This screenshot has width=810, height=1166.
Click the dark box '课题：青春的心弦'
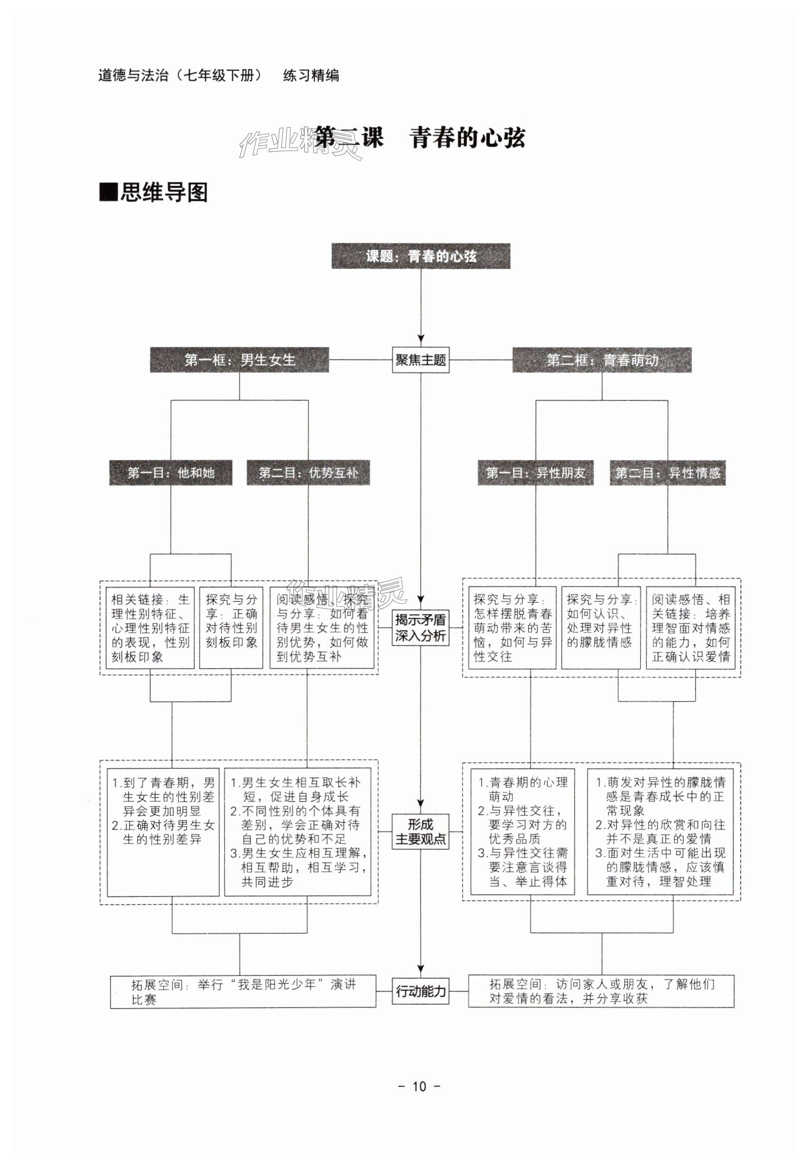pos(420,256)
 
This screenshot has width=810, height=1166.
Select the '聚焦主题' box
pos(420,360)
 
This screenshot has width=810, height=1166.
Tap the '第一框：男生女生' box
pos(239,360)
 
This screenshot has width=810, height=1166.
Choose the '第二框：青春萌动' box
pos(601,360)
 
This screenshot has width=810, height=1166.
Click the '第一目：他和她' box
pos(170,473)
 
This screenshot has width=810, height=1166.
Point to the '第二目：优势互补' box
pos(308,473)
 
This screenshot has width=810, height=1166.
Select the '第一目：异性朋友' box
pos(535,473)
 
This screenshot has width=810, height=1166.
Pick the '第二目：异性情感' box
pos(667,473)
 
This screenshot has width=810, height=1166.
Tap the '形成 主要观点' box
pos(420,831)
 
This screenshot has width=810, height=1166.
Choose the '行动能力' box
pos(420,990)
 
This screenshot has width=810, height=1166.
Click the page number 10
pos(419,1086)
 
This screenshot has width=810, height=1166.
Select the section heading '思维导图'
pos(163,193)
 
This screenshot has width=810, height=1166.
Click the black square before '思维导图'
pos(108,192)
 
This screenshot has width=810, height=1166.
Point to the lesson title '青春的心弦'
pos(467,138)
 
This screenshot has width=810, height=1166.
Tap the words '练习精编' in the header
pos(311,75)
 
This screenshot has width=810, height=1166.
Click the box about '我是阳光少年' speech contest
pos(243,991)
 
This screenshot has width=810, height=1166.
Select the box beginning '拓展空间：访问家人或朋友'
pos(601,990)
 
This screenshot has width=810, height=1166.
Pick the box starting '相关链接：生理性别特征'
pos(150,627)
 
